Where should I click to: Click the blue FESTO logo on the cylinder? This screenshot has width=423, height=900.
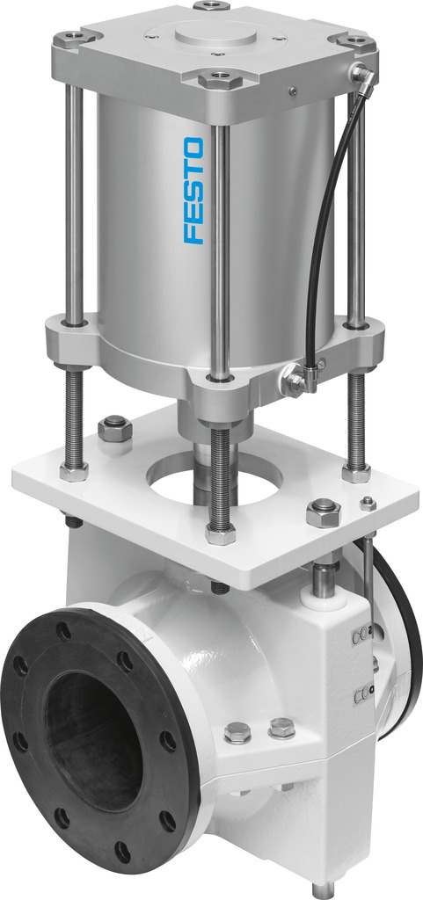[x=194, y=190]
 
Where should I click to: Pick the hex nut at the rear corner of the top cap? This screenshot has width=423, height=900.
[x=212, y=5]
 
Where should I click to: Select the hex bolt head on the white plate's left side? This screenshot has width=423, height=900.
[x=115, y=431]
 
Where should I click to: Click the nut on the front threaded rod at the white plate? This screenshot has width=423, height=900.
[x=220, y=533]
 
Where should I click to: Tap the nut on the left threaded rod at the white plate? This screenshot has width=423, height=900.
[x=74, y=470]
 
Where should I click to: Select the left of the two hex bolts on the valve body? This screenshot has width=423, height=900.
[x=237, y=731]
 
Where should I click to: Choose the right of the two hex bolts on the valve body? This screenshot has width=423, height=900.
[x=281, y=727]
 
